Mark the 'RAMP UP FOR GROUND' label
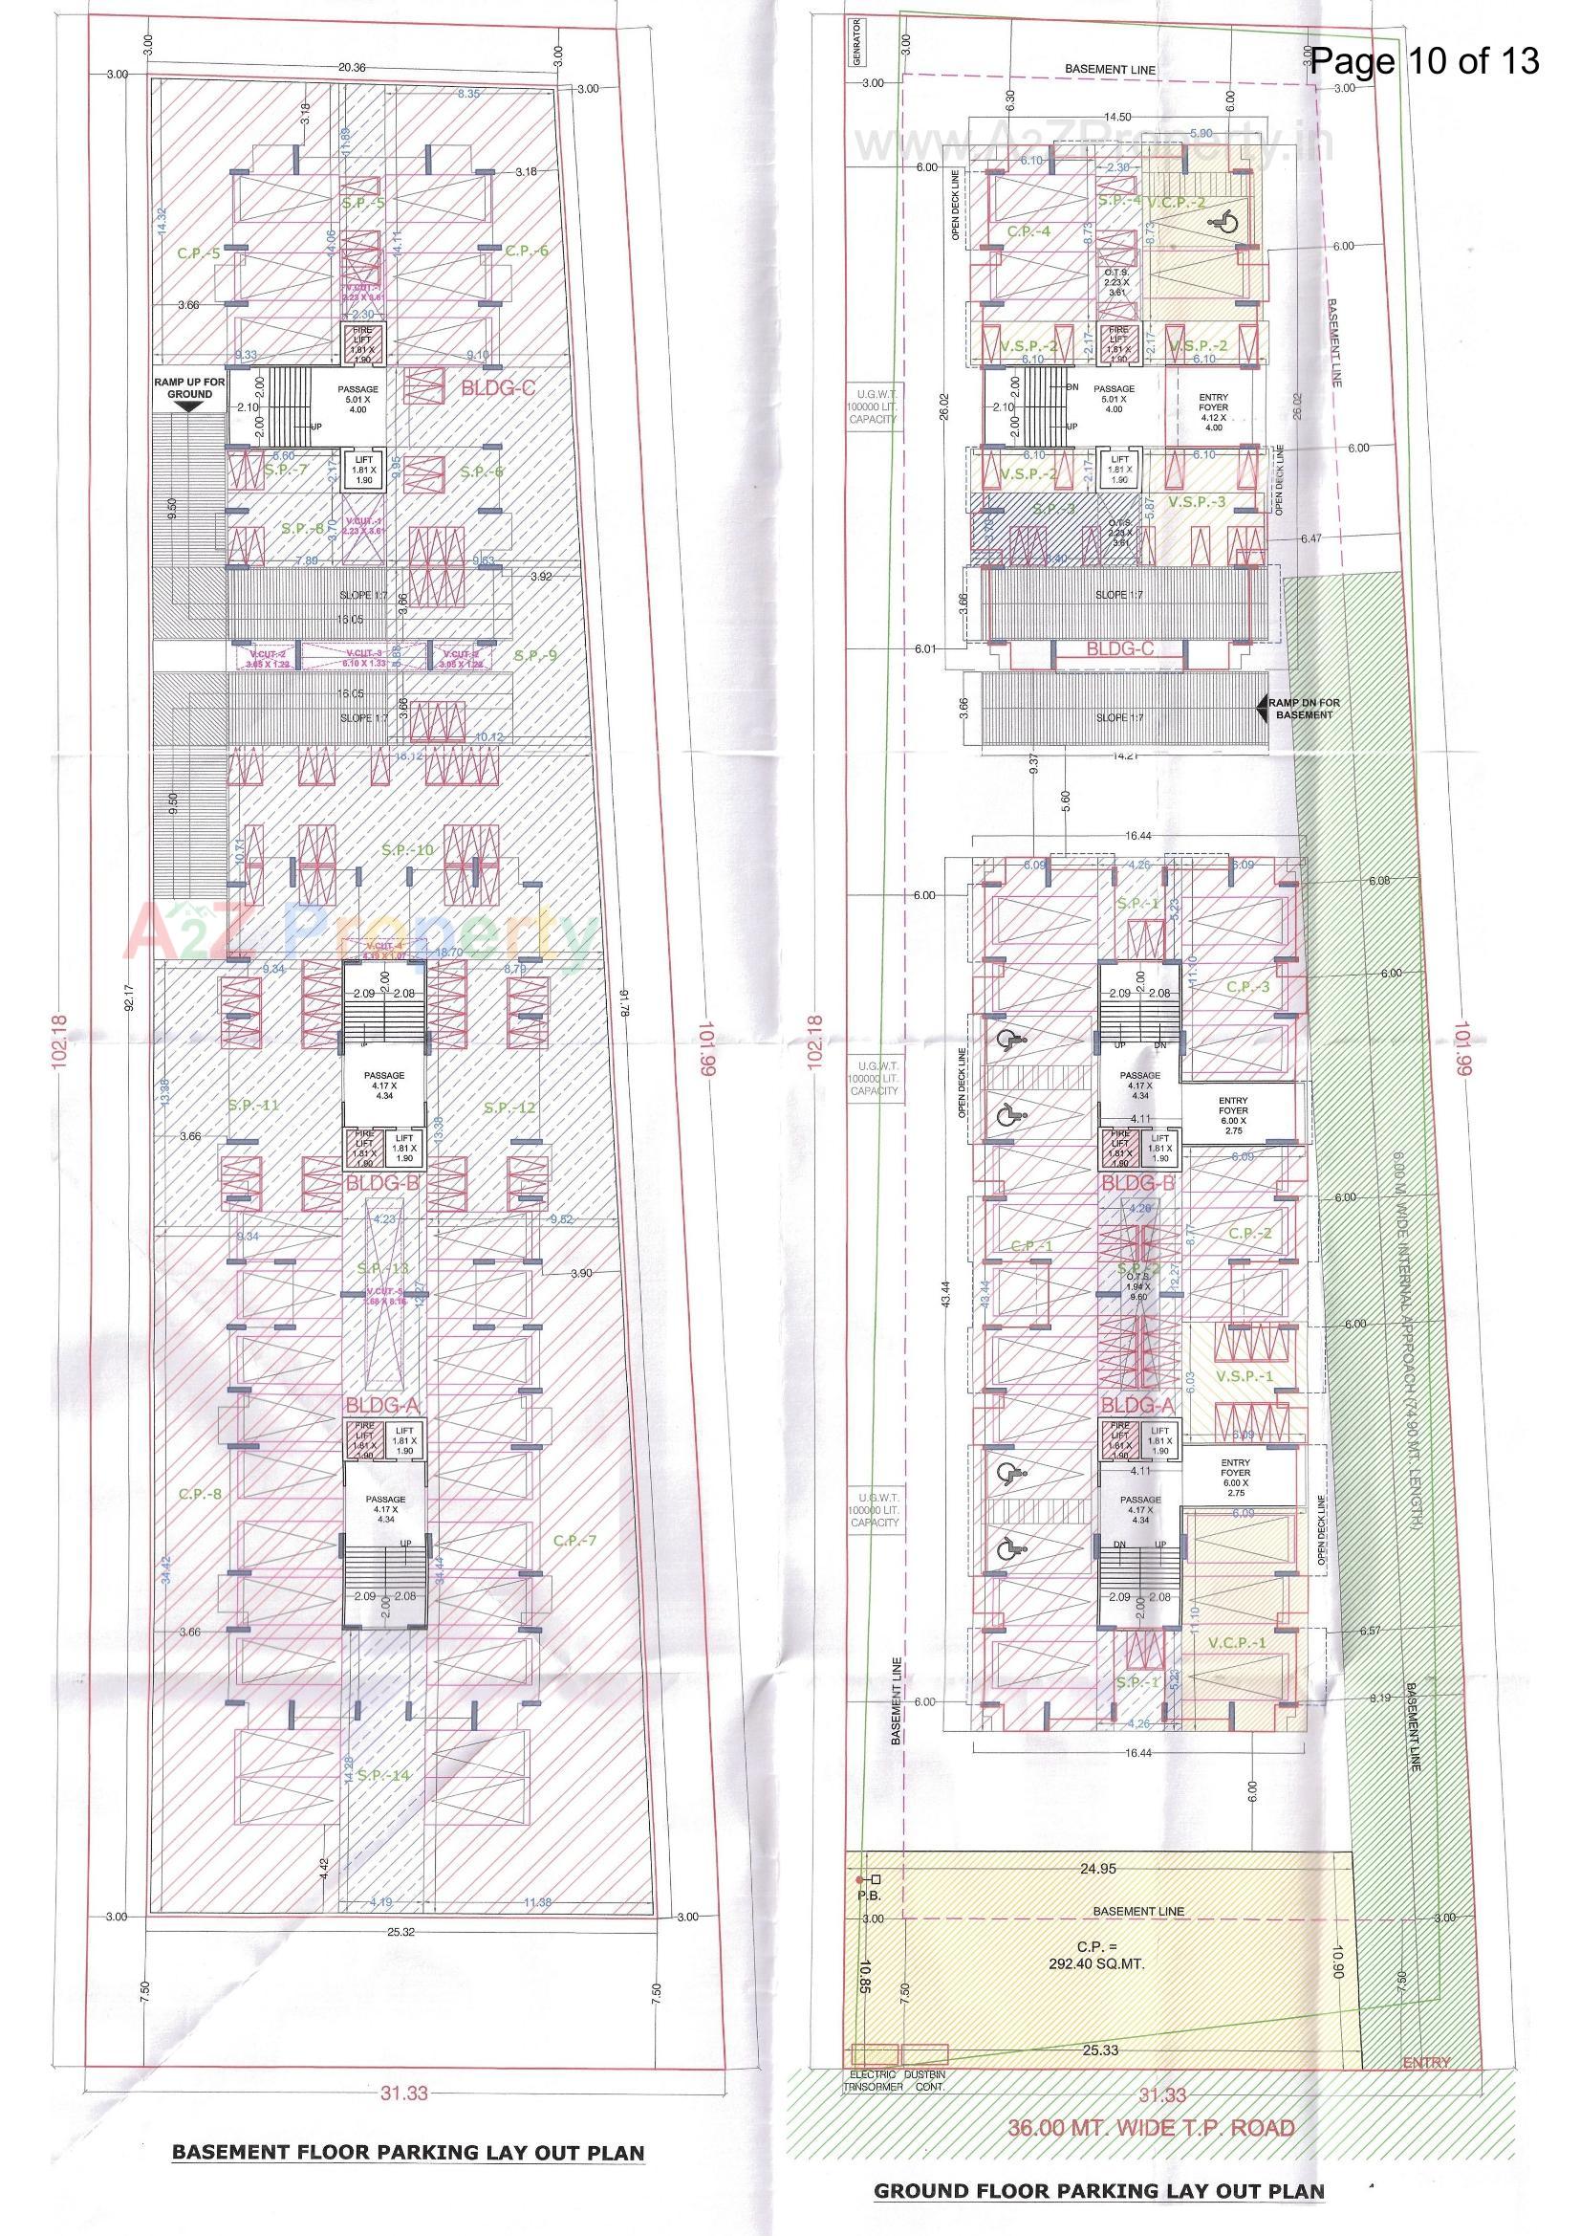[x=189, y=387]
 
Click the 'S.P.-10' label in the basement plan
[x=408, y=850]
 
